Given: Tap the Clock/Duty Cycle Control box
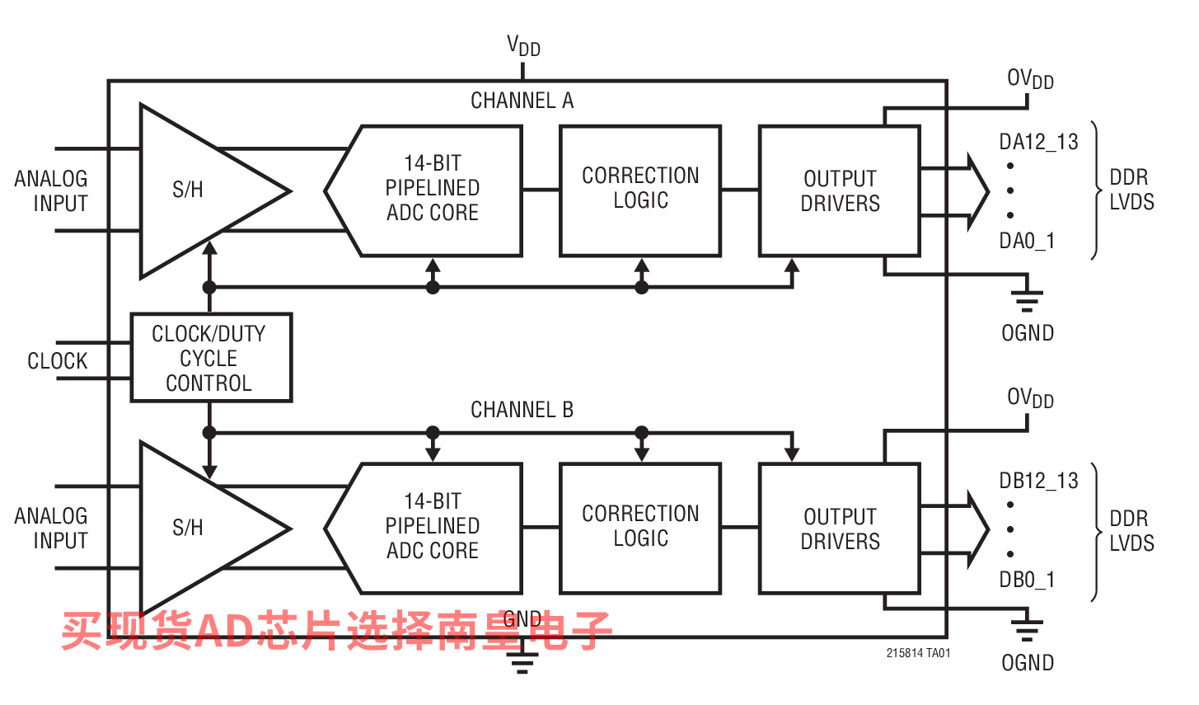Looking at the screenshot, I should (211, 358).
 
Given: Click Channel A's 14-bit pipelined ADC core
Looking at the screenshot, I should (431, 190).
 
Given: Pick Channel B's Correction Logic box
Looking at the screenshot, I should (640, 528).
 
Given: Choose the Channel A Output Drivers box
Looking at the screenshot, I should (839, 190).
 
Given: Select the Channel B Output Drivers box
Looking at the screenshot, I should (839, 529).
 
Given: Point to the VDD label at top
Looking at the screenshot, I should (523, 46).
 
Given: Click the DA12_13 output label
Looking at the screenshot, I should (1038, 142).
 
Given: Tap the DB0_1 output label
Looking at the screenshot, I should (1026, 580).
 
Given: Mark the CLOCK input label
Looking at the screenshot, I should (57, 361).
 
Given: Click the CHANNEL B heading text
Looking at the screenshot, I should (522, 410).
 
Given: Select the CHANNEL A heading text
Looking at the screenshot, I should (522, 101).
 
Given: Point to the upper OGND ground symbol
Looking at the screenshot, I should (1027, 298).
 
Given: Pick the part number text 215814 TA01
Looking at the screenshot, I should (918, 653).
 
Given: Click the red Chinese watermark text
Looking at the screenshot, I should (336, 631).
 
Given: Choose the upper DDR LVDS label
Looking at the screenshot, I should (1131, 190).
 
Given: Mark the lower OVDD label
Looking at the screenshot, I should (1030, 398).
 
